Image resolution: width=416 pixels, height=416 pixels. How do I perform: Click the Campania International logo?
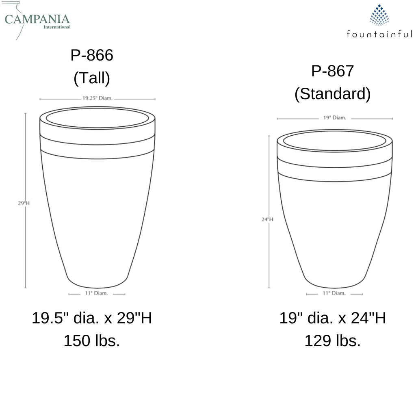(37, 20)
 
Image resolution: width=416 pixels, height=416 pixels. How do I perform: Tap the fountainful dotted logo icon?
(379, 15)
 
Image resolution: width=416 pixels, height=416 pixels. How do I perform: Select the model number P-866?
(92, 55)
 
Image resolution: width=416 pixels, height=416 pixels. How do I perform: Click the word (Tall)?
(92, 78)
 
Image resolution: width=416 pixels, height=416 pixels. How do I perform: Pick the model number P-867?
(332, 71)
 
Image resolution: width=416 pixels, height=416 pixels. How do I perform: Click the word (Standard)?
(332, 94)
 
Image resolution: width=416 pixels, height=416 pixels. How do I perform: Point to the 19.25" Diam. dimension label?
(97, 98)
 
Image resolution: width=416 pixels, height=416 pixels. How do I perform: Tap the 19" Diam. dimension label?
(335, 117)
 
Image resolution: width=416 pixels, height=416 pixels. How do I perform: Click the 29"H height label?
(24, 203)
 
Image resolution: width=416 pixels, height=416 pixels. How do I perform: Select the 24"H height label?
(267, 219)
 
